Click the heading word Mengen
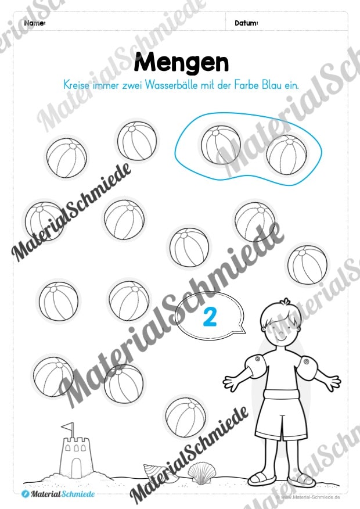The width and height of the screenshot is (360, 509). [181, 63]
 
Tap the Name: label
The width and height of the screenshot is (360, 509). [35, 23]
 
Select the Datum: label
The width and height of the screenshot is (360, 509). [247, 23]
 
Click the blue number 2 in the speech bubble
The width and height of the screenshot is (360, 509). [210, 317]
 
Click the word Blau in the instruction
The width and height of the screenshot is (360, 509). [269, 85]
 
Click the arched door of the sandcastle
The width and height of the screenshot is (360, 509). [76, 465]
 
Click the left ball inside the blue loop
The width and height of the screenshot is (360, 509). [221, 145]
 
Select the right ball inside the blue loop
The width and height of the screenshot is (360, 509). [287, 155]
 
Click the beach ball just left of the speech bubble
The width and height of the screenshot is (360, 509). [129, 300]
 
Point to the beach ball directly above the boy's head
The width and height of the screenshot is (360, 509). [307, 264]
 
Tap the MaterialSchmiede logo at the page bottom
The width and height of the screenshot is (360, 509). [59, 494]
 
